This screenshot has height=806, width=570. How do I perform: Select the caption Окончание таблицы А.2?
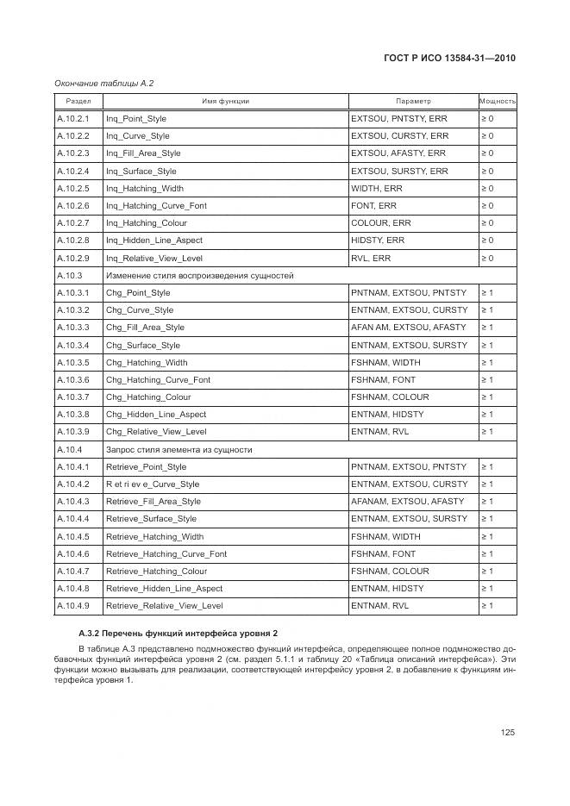click(x=104, y=83)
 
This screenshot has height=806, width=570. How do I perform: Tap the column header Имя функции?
click(x=225, y=101)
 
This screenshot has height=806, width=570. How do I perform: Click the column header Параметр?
click(x=413, y=101)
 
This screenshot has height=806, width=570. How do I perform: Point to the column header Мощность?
click(x=498, y=101)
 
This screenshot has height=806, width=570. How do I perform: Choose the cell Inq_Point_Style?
click(x=136, y=118)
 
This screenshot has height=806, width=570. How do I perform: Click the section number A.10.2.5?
click(x=73, y=188)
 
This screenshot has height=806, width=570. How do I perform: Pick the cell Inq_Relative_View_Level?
click(x=155, y=258)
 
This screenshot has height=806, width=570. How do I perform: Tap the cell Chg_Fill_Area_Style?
click(x=145, y=328)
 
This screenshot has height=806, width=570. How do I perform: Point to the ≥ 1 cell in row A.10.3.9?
click(x=487, y=432)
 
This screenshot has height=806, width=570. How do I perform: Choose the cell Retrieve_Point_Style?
click(x=146, y=466)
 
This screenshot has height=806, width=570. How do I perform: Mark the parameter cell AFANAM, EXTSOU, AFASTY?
click(x=408, y=501)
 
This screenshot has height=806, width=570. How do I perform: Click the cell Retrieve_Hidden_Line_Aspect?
click(x=164, y=588)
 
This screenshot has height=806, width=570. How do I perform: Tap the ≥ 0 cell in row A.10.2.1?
click(x=487, y=118)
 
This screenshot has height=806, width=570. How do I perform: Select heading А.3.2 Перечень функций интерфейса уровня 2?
click(x=178, y=634)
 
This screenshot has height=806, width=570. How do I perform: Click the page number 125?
click(x=507, y=732)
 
